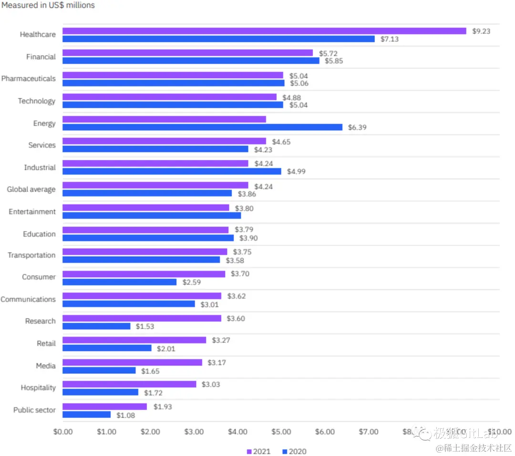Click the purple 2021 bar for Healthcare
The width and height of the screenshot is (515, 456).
coord(264,31)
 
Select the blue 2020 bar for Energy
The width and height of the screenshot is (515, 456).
coord(202,127)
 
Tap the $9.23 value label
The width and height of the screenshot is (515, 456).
coord(481,31)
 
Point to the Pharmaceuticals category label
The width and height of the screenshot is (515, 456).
coord(28,79)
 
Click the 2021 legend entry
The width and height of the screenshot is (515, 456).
coord(258,451)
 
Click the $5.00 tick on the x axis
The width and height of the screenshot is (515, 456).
coord(281,432)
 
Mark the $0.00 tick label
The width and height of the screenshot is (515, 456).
coord(62,432)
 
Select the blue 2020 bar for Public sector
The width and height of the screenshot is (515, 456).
coord(86,415)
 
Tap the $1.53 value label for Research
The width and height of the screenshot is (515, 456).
coord(145,326)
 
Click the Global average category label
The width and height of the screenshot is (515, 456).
coord(31,189)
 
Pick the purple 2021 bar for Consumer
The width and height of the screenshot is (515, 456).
coord(144,274)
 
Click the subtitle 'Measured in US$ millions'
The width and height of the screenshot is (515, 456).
coord(48,5)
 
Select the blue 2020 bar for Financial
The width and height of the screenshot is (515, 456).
coord(191,61)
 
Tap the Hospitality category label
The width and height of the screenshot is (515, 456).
coord(38,388)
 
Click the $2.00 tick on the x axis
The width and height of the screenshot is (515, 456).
coord(150,432)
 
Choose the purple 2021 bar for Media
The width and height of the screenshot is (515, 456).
coord(132,363)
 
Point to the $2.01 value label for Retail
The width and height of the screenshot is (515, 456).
coord(166,349)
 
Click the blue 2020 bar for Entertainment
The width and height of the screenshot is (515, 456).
coord(152,216)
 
